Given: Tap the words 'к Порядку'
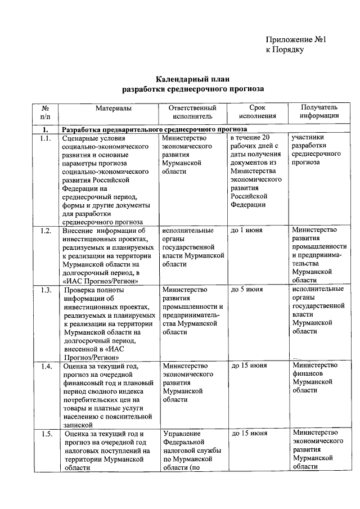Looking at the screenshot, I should point(285,50).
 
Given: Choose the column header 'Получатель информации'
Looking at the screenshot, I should point(319,111).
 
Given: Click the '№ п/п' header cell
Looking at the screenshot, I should point(46,111).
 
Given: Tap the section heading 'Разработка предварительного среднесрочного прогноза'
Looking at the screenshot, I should point(155,129).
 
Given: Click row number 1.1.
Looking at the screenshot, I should point(46,138).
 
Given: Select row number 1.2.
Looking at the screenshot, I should point(46,231).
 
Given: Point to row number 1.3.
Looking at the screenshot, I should point(46,290).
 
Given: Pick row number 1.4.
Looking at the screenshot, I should point(46,366).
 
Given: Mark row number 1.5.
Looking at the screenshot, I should point(46,433).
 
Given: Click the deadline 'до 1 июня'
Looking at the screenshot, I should point(246,231).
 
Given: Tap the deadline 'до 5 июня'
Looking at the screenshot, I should point(246,290).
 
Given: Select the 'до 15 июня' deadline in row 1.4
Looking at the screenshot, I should point(249,366).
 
